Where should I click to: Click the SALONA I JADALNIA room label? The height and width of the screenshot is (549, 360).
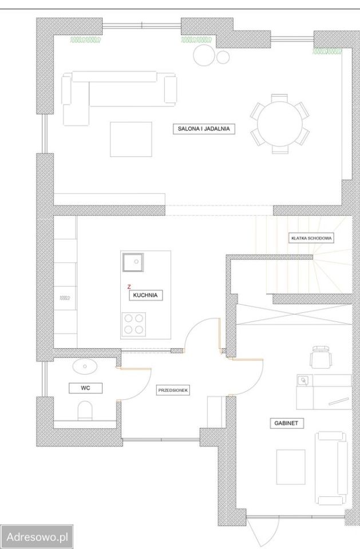204,129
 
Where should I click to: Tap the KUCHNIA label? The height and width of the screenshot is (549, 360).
145,295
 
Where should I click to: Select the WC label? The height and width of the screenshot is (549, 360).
85,388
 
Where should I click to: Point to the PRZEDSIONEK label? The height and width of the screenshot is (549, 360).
173,390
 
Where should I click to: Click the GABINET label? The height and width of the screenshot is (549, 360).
286,423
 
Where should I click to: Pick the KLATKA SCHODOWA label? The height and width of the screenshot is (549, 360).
311,238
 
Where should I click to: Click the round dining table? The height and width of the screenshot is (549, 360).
280,124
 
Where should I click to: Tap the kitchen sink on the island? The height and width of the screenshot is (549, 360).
133,262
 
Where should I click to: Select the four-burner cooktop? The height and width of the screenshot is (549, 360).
134,324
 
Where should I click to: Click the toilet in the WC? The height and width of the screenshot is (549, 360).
85,410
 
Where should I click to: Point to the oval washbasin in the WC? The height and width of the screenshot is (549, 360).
85,366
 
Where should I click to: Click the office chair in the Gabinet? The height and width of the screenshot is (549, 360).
321,356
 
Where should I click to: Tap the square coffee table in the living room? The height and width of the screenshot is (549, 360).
130,139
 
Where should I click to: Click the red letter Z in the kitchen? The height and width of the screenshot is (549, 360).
129,287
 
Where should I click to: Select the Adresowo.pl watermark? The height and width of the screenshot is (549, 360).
37,537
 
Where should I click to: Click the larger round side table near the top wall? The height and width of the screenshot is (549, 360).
204,55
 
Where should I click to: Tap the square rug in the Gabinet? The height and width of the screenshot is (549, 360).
291,467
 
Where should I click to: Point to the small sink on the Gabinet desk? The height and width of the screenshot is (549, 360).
303,380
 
